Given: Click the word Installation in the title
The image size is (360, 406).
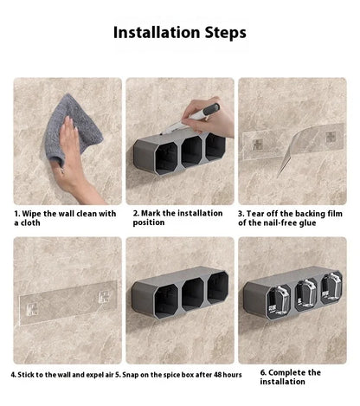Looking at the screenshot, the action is point(157,32).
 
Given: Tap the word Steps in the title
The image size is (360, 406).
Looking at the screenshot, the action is point(226,33).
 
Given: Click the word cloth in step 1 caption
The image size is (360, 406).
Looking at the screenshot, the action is point(30,222).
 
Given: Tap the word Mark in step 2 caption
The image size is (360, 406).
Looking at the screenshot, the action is point(151,213).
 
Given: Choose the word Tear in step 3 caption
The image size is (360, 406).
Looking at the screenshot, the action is point(254,214).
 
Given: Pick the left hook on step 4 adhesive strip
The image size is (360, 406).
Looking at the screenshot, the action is point(32,309).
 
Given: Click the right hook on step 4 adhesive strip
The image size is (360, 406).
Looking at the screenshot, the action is point(105,298).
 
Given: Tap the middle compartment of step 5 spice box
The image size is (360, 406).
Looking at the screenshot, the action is point(193,294).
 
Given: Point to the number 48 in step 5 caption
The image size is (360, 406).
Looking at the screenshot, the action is point(218,375).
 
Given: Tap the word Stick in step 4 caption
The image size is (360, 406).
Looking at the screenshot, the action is point(26,375).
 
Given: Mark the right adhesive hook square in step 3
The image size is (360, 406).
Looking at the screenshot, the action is point(331,138).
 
